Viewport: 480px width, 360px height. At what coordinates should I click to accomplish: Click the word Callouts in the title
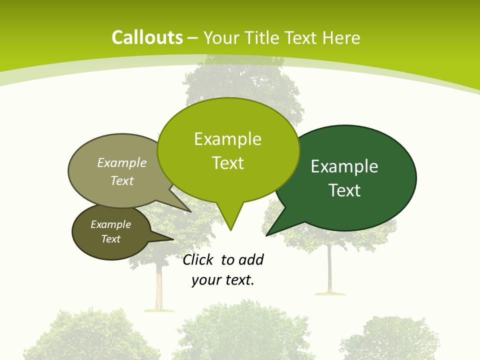[x=147, y=37]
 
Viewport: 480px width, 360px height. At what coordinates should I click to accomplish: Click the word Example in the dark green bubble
[x=344, y=166]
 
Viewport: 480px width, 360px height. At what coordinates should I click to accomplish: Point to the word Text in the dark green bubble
[x=344, y=190]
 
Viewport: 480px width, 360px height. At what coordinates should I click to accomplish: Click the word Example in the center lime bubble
[x=227, y=139]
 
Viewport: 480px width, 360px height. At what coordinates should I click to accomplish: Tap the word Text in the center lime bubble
[x=228, y=163]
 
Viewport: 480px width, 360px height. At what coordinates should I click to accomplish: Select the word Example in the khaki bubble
[x=122, y=163]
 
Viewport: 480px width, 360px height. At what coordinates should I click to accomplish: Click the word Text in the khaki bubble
[x=122, y=181]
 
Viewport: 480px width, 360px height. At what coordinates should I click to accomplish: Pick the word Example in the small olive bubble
[x=110, y=224]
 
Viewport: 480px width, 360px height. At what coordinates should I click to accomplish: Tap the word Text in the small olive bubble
[x=110, y=239]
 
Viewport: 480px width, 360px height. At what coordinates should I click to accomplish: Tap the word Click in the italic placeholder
[x=197, y=260]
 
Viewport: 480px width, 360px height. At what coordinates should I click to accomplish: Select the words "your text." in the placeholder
[x=223, y=280]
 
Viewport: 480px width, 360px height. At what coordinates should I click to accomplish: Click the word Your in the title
[x=220, y=38]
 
